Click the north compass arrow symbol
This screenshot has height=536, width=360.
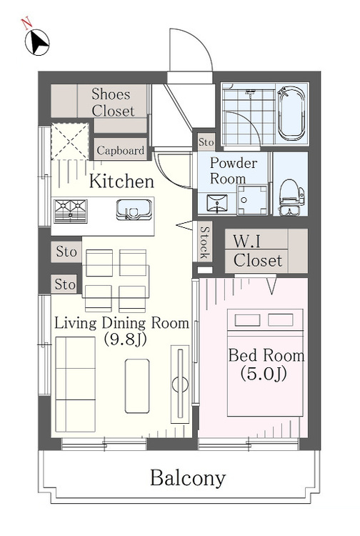coord(37,42)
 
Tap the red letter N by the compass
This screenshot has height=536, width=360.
coord(26,24)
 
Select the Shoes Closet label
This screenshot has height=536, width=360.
coord(111,102)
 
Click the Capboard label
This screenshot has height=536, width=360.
coord(120,150)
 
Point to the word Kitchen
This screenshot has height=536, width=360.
coord(121,182)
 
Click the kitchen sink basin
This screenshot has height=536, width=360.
coord(134,209)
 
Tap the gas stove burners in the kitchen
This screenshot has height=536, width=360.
coord(71,211)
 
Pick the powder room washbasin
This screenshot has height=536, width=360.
coord(217,203)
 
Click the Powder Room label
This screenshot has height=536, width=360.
coord(233,171)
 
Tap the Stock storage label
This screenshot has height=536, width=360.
coord(204,243)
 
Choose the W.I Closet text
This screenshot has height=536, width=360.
coord(258,251)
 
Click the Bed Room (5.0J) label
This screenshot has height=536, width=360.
coord(266,364)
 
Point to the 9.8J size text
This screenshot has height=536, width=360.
coord(125,339)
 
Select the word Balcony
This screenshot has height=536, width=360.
coord(188,478)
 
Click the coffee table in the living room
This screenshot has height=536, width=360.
coord(137,386)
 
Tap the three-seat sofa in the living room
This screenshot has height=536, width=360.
coord(75,384)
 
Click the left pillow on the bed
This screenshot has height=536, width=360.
coord(247,320)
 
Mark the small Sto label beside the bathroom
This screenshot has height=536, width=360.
coord(206,142)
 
